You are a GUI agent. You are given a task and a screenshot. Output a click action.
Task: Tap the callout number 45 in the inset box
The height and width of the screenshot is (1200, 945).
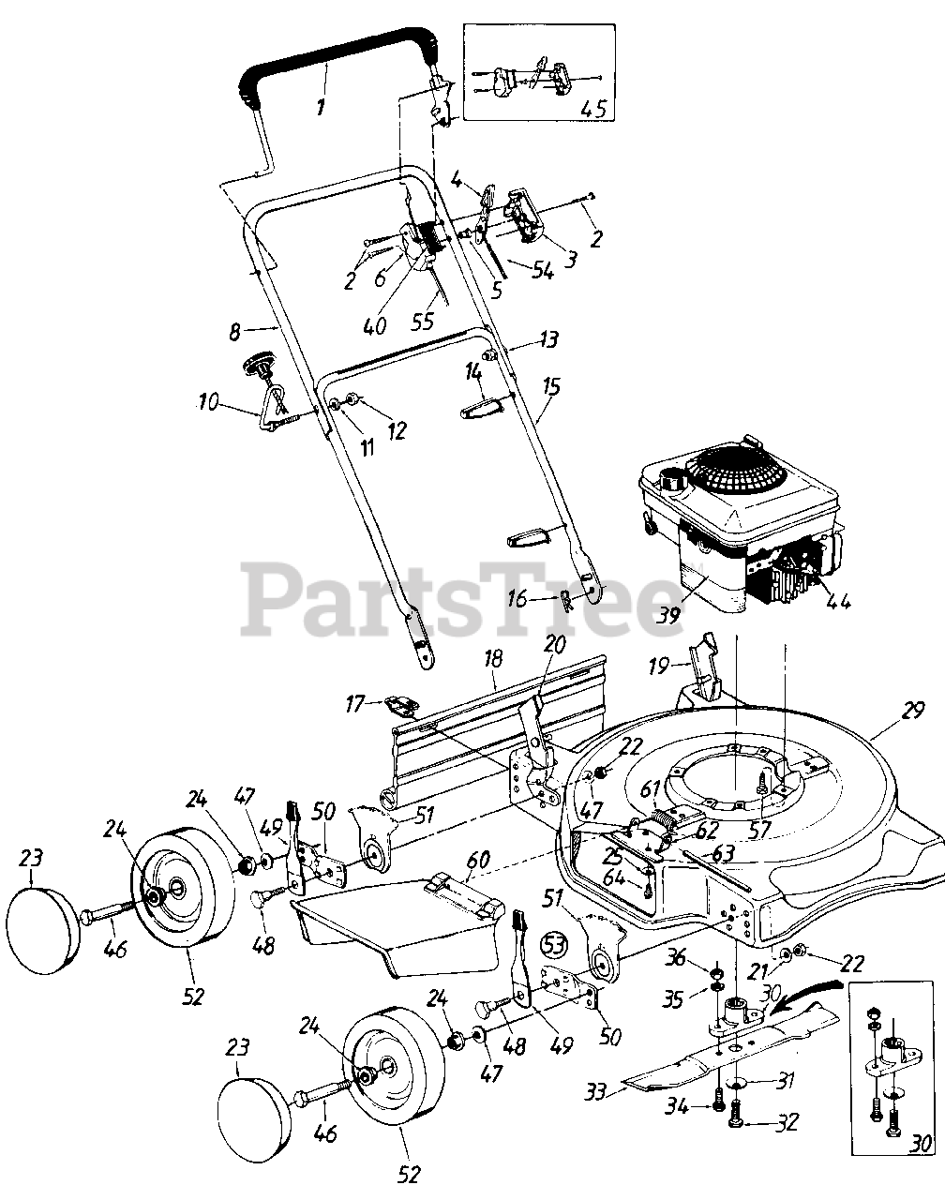pyautogui.click(x=592, y=108)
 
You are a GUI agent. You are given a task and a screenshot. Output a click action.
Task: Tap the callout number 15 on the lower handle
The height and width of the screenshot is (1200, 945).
pyautogui.click(x=552, y=385)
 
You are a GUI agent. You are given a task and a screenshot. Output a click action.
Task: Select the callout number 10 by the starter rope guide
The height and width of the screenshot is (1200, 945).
pyautogui.click(x=209, y=403)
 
